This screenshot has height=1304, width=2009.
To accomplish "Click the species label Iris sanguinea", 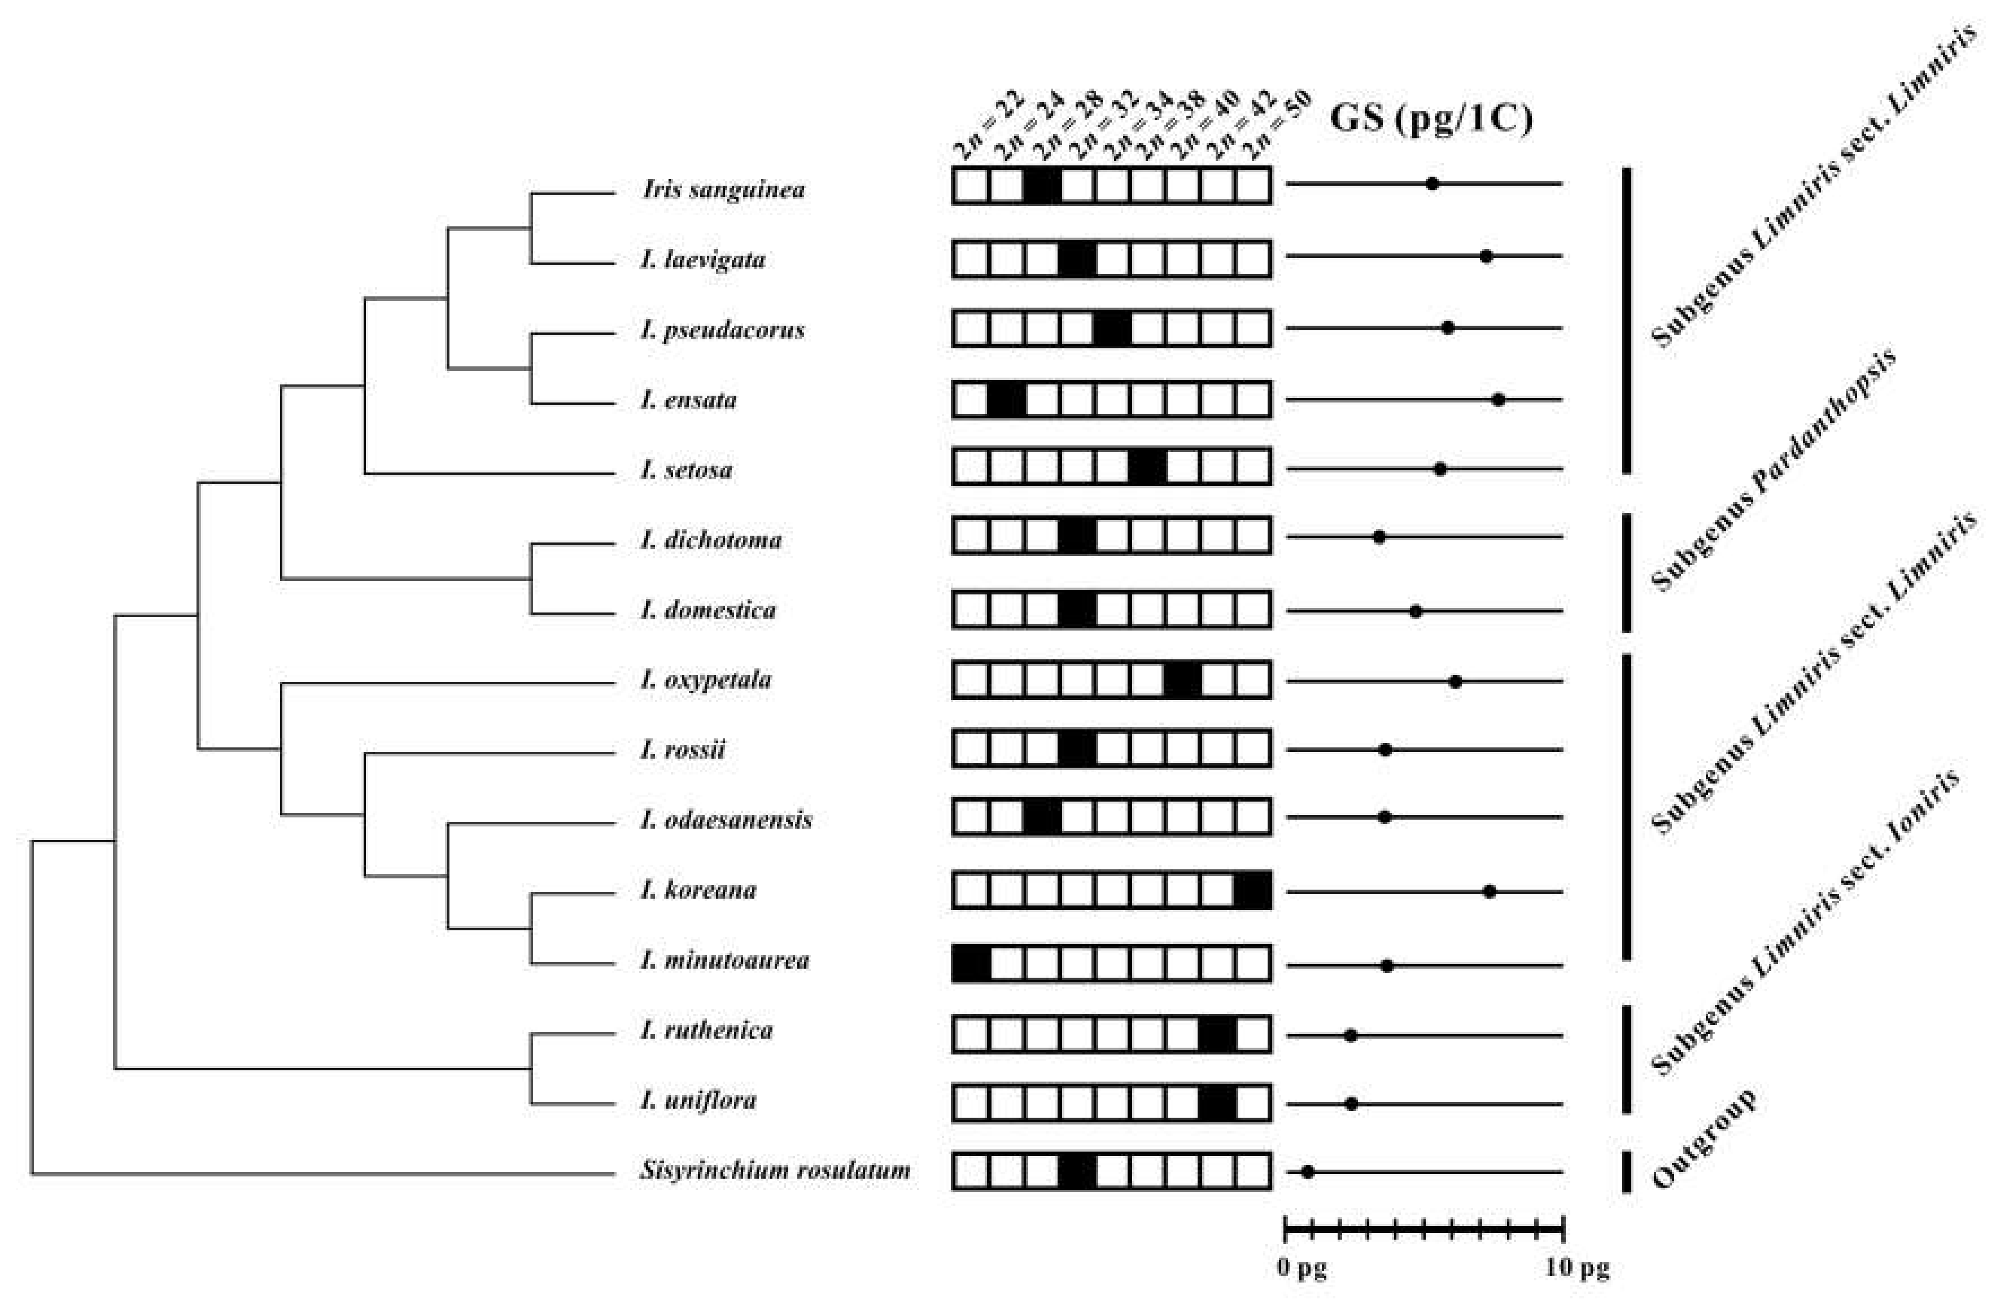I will click(x=723, y=189).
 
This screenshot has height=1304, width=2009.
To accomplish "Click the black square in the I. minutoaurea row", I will click(x=971, y=964).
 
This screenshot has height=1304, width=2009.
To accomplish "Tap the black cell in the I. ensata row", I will click(x=1006, y=399).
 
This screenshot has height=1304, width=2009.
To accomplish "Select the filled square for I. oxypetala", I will click(x=1182, y=680).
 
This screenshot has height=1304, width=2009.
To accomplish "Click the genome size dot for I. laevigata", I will click(x=1487, y=256).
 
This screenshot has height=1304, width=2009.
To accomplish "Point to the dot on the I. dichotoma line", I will click(x=1379, y=537).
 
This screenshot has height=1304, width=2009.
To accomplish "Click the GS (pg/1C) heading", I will click(x=1431, y=118).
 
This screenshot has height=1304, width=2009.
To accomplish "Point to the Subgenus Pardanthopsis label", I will click(x=1772, y=469).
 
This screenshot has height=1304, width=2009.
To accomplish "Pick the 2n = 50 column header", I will click(x=1279, y=125).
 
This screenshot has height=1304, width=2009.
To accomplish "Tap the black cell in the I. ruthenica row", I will click(x=1217, y=1035).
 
